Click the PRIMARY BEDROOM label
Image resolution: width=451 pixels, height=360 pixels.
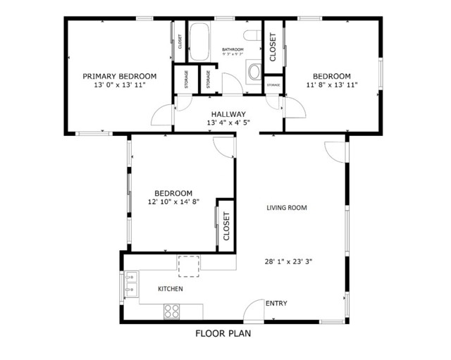119,76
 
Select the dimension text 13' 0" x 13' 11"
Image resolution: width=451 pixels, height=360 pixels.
119,85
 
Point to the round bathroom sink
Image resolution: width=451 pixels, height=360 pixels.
253,70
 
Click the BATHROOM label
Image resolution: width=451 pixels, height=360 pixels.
233,49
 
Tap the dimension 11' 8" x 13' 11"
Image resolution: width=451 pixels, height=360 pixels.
331,85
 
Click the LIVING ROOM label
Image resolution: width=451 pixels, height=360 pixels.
287,208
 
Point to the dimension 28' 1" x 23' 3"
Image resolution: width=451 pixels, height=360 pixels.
290,261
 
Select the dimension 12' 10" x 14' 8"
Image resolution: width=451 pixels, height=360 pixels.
173,202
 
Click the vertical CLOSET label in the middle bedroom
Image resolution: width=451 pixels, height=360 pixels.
226,227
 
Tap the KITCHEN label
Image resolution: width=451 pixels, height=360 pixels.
170,289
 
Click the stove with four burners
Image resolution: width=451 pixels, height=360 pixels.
171,309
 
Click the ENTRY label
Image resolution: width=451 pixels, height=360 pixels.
276,304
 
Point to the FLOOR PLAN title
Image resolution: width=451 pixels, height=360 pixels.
223,335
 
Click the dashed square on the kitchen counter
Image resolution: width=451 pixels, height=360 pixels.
188,266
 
